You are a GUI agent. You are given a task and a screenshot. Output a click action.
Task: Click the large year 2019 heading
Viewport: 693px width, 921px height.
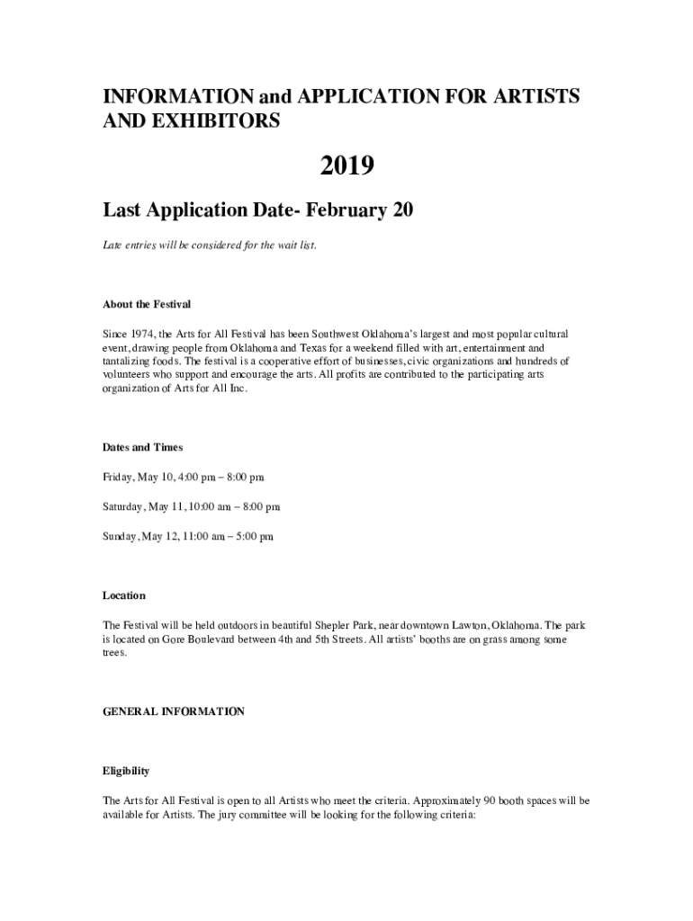[x=346, y=166]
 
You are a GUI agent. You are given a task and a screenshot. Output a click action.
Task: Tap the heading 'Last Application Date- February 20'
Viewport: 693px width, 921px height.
[x=257, y=210]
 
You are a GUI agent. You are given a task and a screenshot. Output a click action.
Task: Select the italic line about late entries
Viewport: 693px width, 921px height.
[x=209, y=245]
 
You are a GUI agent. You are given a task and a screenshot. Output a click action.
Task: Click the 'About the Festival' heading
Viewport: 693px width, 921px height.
[x=147, y=304]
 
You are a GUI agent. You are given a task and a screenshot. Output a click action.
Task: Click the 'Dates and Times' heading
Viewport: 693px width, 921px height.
[x=143, y=447]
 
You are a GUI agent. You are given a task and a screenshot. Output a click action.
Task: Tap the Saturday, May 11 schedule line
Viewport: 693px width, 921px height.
[x=191, y=506]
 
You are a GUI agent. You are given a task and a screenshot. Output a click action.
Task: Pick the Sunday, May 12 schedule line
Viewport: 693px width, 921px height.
[x=188, y=536]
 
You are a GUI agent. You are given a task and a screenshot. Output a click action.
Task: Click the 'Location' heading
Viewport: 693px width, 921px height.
[x=124, y=595]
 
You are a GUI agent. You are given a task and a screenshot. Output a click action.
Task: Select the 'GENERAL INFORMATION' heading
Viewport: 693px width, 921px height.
[x=173, y=711]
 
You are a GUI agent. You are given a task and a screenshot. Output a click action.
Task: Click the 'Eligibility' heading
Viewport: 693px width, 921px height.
[x=126, y=771]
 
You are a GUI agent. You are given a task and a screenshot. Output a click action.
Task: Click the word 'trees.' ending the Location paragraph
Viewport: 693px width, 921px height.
[x=115, y=654]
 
